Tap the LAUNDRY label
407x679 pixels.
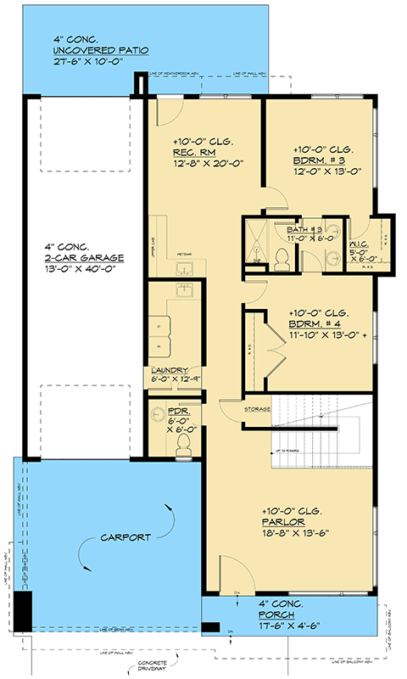pyautogui.click(x=170, y=370)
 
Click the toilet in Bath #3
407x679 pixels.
pyautogui.click(x=284, y=258)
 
